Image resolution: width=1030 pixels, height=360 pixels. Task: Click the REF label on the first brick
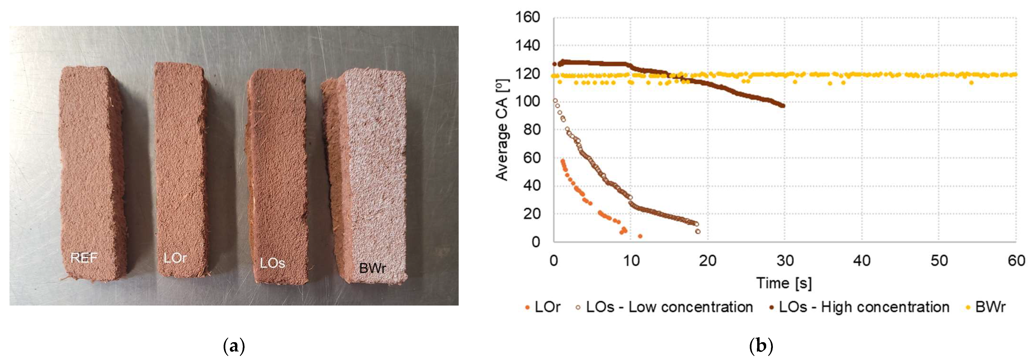coord(84,258)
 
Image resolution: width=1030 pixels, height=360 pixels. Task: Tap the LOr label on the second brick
coord(175,258)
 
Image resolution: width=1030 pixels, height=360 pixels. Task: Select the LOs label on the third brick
coord(272,263)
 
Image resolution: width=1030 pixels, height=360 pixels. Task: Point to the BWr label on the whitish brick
coord(372,268)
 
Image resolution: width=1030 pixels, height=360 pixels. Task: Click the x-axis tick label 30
coord(785,261)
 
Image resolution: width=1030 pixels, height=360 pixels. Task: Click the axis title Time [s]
coord(784,283)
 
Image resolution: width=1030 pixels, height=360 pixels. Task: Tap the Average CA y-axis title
coord(502,130)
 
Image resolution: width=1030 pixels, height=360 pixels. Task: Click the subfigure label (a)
coord(234,346)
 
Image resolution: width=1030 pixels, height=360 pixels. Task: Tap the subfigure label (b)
coord(761,346)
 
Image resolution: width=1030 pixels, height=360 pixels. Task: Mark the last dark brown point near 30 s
coord(783,106)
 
